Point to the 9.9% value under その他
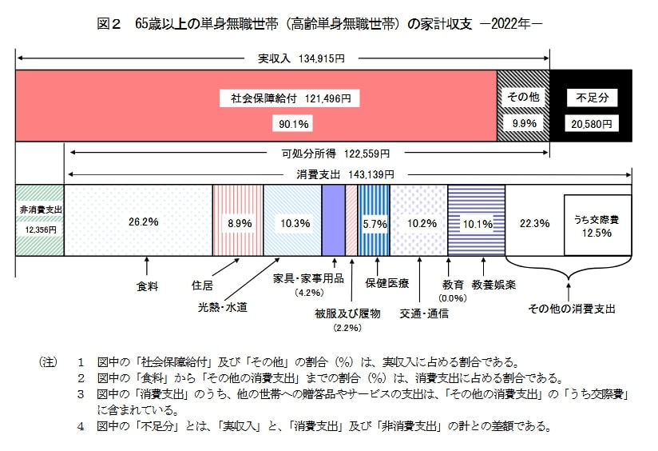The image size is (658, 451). (x=524, y=123)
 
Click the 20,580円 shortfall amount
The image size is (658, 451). (x=592, y=124)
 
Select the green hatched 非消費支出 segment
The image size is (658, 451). (x=39, y=220)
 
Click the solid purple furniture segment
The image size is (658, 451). (x=333, y=220)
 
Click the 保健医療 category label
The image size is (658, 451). (x=387, y=283)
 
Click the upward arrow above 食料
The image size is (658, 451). (x=147, y=264)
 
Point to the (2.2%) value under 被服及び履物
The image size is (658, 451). (x=348, y=328)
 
